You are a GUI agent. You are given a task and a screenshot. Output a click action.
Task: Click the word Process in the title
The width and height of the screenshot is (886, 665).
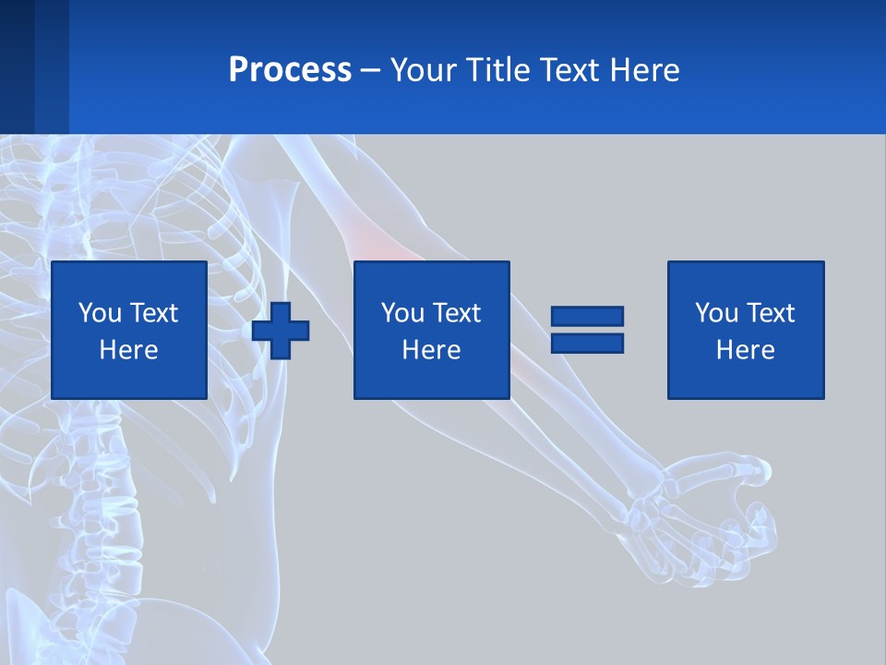(290, 70)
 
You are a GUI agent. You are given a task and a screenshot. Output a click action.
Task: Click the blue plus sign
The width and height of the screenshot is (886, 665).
(281, 331)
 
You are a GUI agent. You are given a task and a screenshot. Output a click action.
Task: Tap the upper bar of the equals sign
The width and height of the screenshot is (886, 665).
(587, 317)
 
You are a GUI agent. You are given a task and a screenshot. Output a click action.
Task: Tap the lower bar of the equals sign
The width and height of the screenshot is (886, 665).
(587, 343)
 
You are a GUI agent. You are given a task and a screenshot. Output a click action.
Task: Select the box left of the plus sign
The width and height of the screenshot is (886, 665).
(129, 331)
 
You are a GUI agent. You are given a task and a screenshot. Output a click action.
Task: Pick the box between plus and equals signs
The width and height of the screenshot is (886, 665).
(431, 331)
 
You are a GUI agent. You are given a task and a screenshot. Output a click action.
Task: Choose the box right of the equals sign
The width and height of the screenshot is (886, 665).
(746, 331)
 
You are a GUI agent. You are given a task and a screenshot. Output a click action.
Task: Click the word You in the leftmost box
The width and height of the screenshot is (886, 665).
(100, 313)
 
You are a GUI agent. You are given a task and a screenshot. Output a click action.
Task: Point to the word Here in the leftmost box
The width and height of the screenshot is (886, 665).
(129, 350)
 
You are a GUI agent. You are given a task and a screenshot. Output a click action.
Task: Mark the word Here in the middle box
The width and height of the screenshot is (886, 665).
(431, 350)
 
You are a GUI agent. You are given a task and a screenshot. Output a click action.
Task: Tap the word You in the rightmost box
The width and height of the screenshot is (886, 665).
(716, 313)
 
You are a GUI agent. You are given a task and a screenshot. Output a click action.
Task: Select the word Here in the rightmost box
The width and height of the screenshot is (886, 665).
(746, 350)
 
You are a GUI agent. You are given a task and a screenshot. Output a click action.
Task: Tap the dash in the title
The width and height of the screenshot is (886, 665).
(371, 71)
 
